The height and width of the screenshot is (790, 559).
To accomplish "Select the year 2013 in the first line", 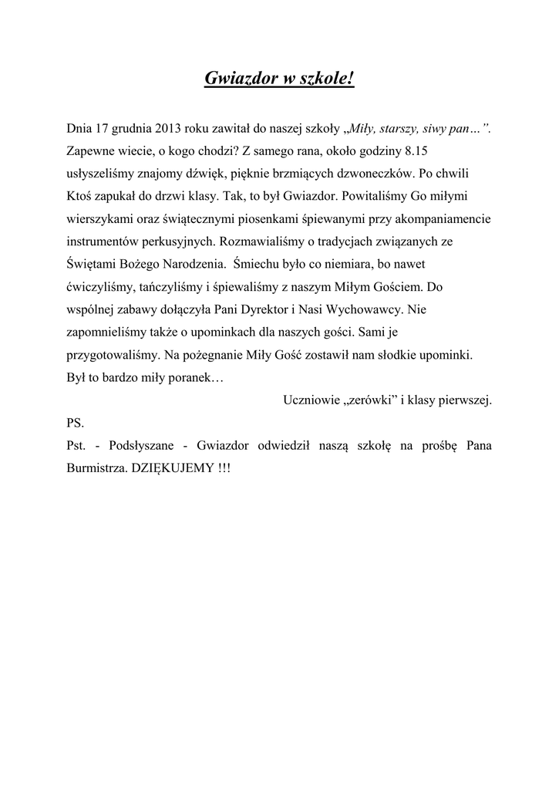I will (169, 129).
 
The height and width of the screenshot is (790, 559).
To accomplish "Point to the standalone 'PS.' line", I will (76, 424).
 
